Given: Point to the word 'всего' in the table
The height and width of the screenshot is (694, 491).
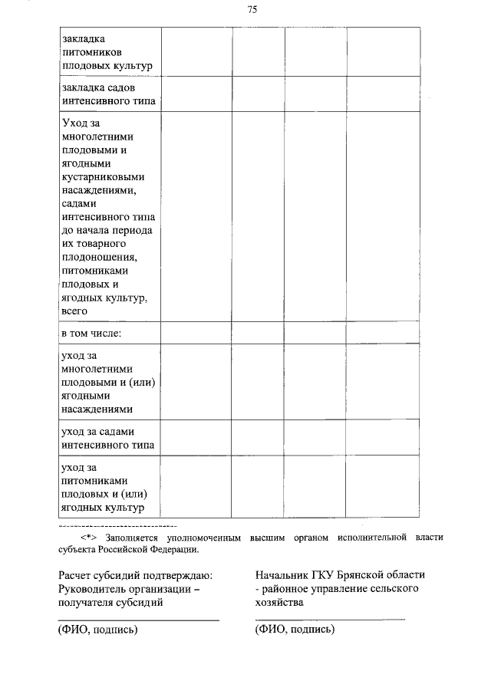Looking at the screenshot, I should pyautogui.click(x=74, y=311).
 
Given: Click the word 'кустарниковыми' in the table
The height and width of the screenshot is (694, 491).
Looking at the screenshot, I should pyautogui.click(x=101, y=176).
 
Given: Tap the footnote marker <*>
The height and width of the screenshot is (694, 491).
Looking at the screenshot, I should pyautogui.click(x=87, y=538).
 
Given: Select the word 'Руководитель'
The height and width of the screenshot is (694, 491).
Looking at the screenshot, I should pyautogui.click(x=94, y=589).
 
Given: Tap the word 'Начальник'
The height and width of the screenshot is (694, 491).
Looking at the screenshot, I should pyautogui.click(x=282, y=575).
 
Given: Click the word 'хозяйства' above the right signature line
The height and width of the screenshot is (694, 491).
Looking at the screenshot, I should pyautogui.click(x=279, y=603).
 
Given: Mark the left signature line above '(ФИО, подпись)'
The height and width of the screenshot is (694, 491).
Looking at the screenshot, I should pyautogui.click(x=139, y=620).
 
